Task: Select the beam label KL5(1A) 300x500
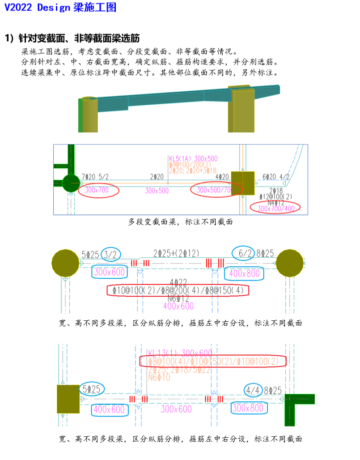tap(193, 158)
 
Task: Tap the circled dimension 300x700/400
tap(275, 208)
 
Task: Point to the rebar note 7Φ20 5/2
tap(95, 177)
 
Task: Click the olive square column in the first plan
tap(243, 183)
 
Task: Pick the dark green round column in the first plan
tap(71, 183)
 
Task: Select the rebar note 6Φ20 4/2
tap(275, 177)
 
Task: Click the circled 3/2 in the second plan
tap(110, 254)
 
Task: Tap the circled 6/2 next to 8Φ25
tap(246, 254)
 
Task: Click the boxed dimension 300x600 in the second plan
tap(109, 272)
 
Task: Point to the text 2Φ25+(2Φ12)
tap(176, 253)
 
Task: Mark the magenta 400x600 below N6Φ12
tap(178, 306)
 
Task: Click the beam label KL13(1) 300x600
tap(180, 353)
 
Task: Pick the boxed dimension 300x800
tap(249, 408)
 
